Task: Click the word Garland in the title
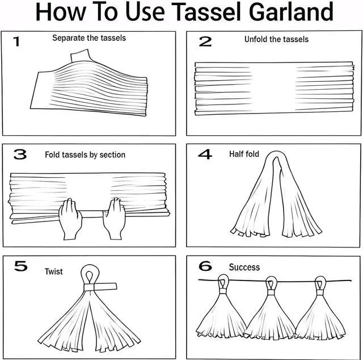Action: point(292,11)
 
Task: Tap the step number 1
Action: point(16,41)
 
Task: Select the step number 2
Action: point(205,41)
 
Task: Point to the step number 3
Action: point(20,154)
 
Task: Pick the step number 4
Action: point(205,154)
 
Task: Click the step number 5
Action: point(20,266)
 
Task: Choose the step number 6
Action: point(205,266)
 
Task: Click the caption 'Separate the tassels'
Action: point(89,38)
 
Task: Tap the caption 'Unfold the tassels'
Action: point(276,39)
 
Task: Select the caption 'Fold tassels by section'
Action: point(85,154)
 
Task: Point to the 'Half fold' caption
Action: point(244,154)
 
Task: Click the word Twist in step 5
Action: point(54,271)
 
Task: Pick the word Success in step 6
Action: point(244,267)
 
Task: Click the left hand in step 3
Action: point(70,219)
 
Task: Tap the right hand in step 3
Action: point(115,219)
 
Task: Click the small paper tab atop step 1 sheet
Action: point(80,56)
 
